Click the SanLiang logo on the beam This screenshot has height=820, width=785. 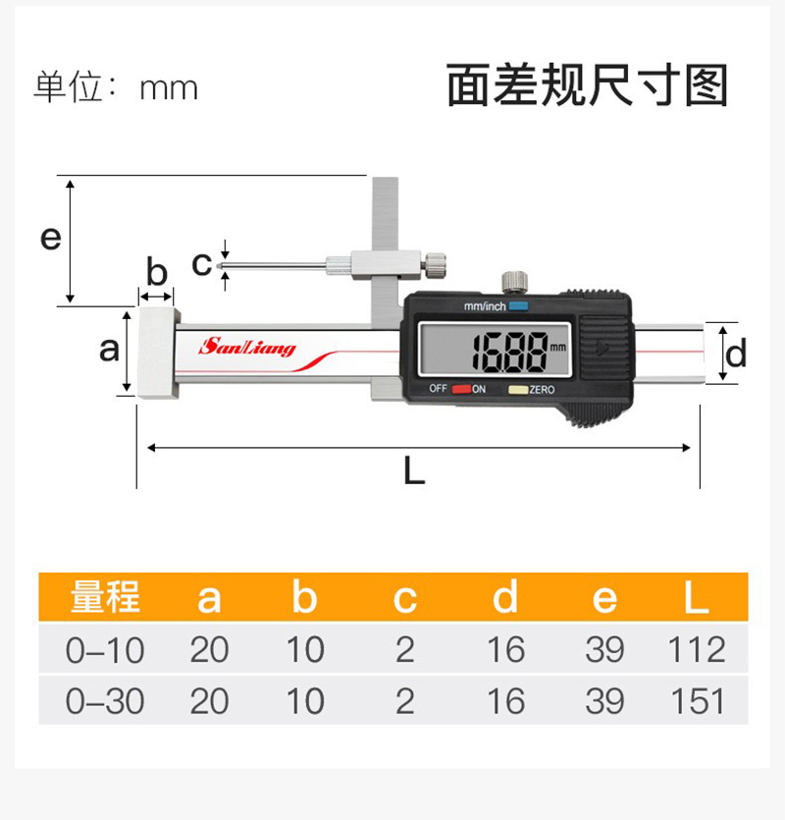(x=246, y=348)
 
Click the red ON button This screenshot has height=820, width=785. (x=461, y=389)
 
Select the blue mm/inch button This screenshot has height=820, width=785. (x=518, y=306)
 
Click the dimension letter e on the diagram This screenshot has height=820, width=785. (x=51, y=238)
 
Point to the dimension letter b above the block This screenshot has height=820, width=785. (x=156, y=271)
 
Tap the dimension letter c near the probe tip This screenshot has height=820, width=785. (x=201, y=264)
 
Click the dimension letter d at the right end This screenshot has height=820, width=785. (x=736, y=354)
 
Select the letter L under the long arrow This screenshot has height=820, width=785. (x=414, y=470)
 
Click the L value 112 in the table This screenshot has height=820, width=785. (x=698, y=649)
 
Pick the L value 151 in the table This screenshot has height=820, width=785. (x=698, y=701)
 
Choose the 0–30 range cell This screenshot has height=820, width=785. (x=105, y=701)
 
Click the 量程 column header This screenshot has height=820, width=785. (x=105, y=597)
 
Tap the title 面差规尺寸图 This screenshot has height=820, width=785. (x=588, y=85)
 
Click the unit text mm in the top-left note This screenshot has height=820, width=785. (x=169, y=88)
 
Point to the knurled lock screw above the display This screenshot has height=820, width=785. (x=514, y=282)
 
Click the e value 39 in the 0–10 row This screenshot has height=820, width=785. (x=604, y=649)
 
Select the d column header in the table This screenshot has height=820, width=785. (x=505, y=596)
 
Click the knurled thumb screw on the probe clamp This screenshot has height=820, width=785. (x=435, y=263)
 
